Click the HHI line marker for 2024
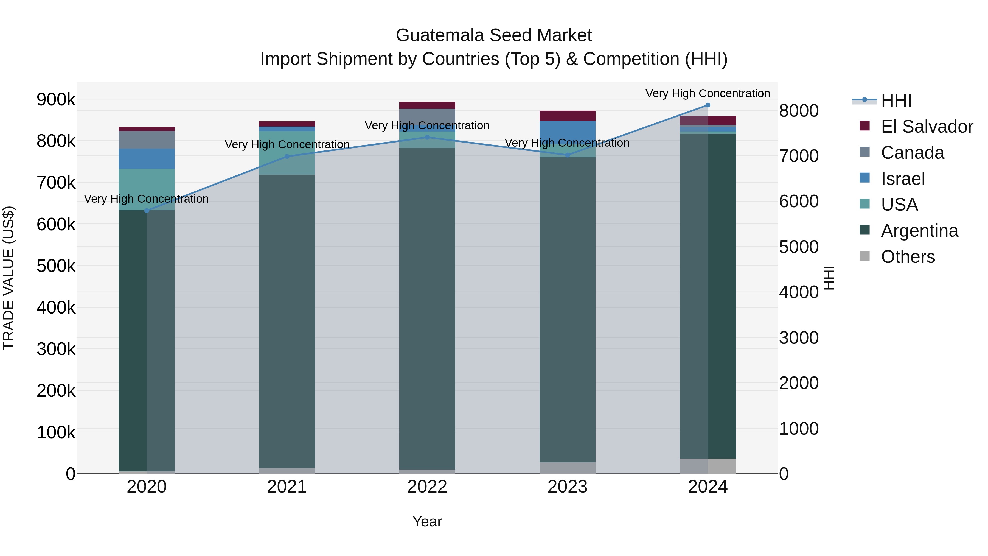click(708, 105)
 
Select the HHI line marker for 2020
click(147, 211)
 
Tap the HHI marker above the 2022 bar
click(427, 137)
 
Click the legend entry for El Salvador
click(927, 127)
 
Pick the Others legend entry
click(908, 257)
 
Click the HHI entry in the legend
click(896, 100)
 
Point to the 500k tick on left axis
click(56, 266)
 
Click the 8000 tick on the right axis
click(799, 111)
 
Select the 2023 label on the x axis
click(567, 487)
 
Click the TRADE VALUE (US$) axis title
click(9, 278)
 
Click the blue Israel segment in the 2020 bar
click(147, 158)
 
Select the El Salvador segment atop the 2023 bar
click(567, 116)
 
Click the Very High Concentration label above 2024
click(708, 93)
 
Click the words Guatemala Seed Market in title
click(494, 35)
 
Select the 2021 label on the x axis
click(287, 487)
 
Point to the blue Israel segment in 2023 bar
click(567, 130)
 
